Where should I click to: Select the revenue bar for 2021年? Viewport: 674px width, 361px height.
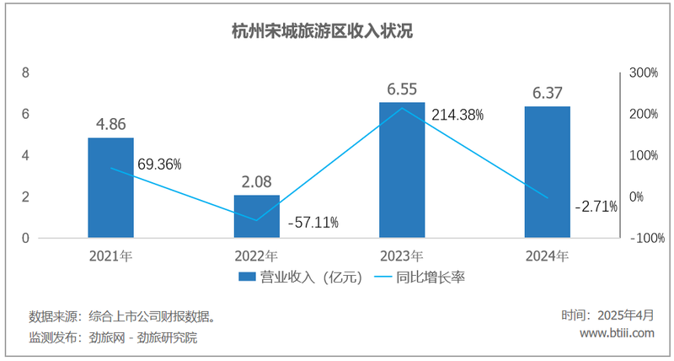pos(110,187)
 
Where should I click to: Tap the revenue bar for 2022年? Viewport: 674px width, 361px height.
pos(256,216)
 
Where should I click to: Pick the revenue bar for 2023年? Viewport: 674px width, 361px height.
pos(402,170)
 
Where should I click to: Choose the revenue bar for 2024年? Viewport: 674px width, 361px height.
pos(547,172)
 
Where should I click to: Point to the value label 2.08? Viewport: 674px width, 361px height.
pos(256,181)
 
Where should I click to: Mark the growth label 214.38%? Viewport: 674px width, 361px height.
pos(457,115)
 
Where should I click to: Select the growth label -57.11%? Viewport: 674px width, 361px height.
pos(313,223)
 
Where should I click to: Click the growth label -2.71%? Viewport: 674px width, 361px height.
pos(596,205)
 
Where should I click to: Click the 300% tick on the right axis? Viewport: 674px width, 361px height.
pos(643,73)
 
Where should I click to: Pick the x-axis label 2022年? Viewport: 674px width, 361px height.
pos(256,255)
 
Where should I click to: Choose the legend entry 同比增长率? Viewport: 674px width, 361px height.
pos(431,277)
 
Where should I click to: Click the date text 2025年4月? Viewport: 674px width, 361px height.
pos(625,315)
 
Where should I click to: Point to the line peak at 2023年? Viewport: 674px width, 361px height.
pos(402,107)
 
